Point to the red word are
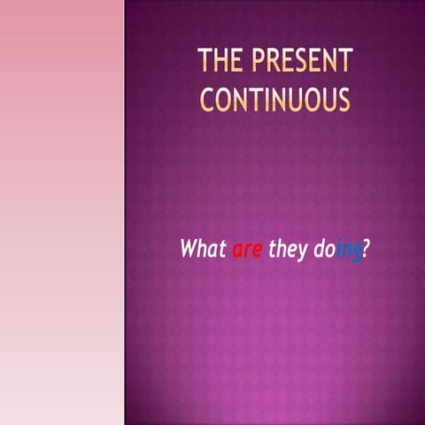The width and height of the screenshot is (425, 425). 247,251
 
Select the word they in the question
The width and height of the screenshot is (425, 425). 288,251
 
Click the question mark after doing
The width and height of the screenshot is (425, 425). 366,250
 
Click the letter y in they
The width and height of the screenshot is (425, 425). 302,253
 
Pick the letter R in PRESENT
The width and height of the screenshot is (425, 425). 271,61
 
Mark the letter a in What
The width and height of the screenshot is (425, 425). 211,251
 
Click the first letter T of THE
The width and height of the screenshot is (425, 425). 204,61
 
